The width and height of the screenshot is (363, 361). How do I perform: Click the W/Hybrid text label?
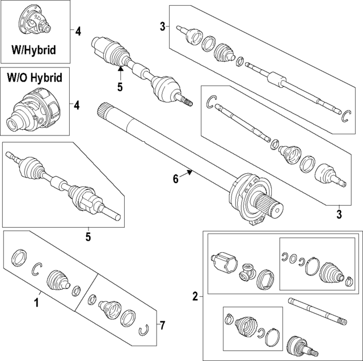click(x=34, y=50)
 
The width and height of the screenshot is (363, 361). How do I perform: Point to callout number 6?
click(x=176, y=179)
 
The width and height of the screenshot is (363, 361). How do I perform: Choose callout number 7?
click(x=162, y=325)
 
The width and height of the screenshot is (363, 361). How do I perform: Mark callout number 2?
click(x=195, y=296)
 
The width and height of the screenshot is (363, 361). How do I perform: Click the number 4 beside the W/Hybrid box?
click(x=78, y=31)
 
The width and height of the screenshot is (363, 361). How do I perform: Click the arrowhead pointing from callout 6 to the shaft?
click(x=192, y=171)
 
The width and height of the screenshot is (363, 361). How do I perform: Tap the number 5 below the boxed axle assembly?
click(x=88, y=236)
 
